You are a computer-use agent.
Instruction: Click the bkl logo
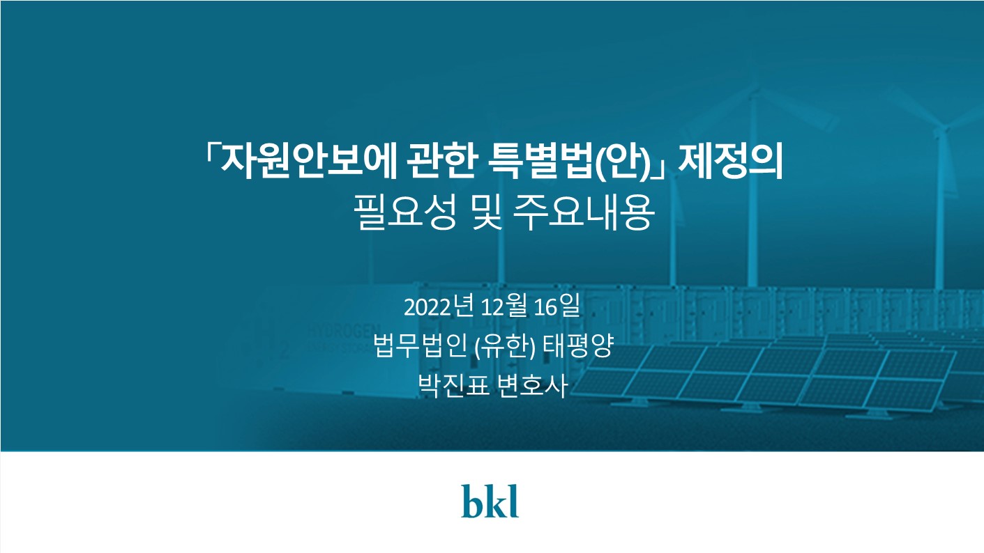coord(490,501)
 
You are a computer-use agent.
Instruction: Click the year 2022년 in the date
coord(439,306)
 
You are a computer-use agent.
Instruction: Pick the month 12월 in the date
coord(504,306)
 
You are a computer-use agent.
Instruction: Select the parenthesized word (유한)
coord(505,347)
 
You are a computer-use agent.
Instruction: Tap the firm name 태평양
coord(577,346)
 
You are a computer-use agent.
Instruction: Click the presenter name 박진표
coord(453,386)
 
